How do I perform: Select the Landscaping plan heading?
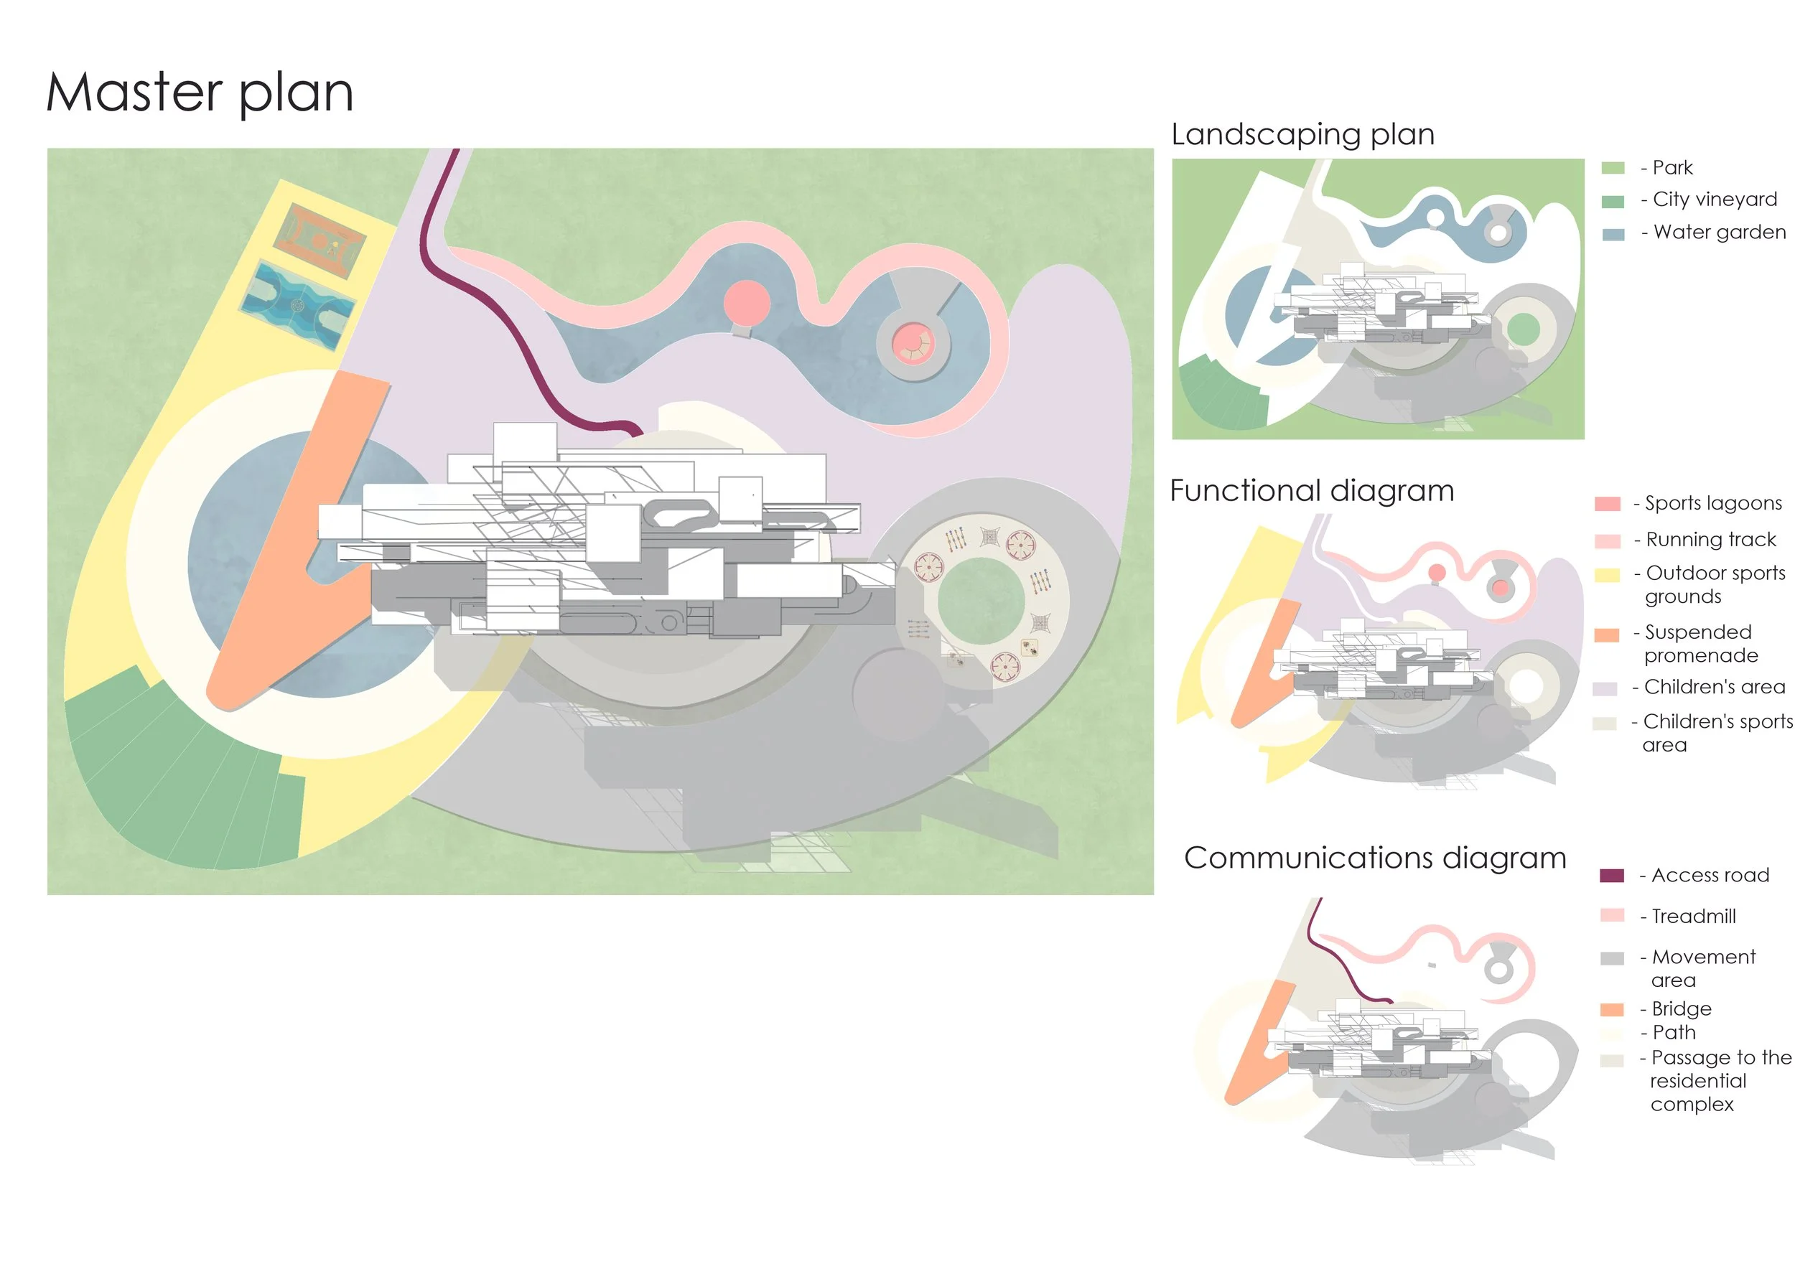click(1302, 134)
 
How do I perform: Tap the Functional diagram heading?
click(1312, 491)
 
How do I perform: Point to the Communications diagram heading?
click(1374, 858)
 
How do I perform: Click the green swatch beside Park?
click(1613, 168)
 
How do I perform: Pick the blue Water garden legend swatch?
click(1613, 235)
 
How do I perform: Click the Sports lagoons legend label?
click(1713, 503)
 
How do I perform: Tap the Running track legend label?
click(1710, 540)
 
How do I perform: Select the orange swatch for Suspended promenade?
click(1607, 635)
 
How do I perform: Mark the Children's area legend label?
click(1715, 687)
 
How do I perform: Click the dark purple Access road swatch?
click(1612, 876)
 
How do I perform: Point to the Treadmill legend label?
click(1693, 916)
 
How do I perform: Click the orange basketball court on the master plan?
click(320, 240)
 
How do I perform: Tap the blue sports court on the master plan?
click(298, 306)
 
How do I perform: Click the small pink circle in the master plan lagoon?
click(747, 302)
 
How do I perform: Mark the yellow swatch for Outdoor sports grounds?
click(1607, 576)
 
